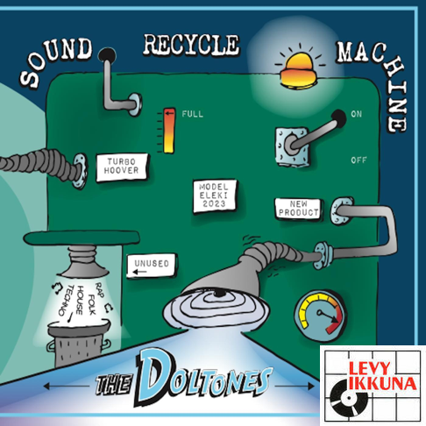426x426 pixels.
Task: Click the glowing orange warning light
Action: tap(299, 69)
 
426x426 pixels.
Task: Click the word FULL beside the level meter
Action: tap(192, 114)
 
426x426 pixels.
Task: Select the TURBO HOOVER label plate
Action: tap(122, 167)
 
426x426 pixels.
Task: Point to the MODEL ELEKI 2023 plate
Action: tap(214, 196)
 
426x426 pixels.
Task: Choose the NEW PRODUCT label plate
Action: tap(298, 208)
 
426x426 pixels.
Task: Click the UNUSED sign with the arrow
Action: tap(152, 266)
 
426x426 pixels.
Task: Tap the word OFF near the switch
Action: tap(359, 160)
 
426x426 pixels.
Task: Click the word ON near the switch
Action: tap(356, 114)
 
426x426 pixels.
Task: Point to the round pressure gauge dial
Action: tap(321, 316)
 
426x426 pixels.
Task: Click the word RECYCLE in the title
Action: tap(191, 45)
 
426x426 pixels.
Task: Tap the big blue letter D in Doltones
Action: tap(153, 375)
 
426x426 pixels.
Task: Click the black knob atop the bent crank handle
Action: tap(107, 55)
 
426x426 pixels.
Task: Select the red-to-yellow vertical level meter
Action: tap(169, 131)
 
